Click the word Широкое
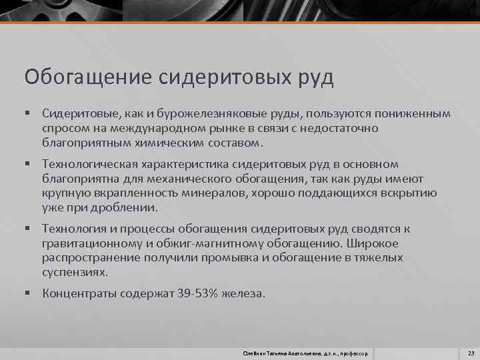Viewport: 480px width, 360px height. tap(383, 243)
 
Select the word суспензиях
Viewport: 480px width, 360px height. tap(74, 272)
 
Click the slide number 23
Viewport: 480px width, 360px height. tap(471, 352)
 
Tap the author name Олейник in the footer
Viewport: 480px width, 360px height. tap(255, 352)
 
